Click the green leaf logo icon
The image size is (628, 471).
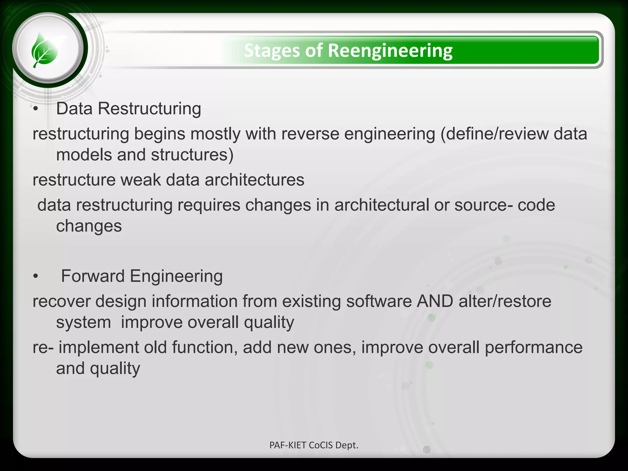[x=45, y=50]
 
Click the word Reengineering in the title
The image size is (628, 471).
[x=390, y=51]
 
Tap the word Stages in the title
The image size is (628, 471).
[x=272, y=51]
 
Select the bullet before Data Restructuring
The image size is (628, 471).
[x=36, y=109]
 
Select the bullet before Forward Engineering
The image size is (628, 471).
[x=36, y=276]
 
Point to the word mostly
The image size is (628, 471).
[x=215, y=134]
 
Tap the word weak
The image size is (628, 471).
[x=140, y=180]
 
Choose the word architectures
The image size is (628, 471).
[x=254, y=180]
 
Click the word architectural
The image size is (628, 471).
[x=381, y=205]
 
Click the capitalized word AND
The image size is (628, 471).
[x=435, y=301]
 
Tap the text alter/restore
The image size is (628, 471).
[x=505, y=301]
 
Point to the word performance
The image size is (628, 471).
[x=533, y=347]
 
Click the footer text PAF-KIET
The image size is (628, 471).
[x=288, y=445]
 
